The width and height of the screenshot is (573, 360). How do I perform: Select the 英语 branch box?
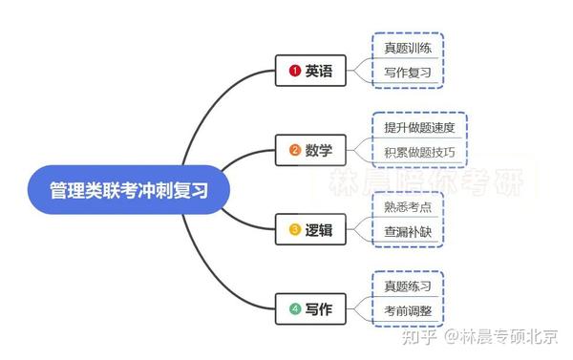click(x=308, y=72)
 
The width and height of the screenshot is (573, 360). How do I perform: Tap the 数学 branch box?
click(x=308, y=150)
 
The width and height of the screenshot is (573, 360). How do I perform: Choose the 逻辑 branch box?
click(x=308, y=229)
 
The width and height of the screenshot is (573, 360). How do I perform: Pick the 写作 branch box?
click(x=308, y=309)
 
